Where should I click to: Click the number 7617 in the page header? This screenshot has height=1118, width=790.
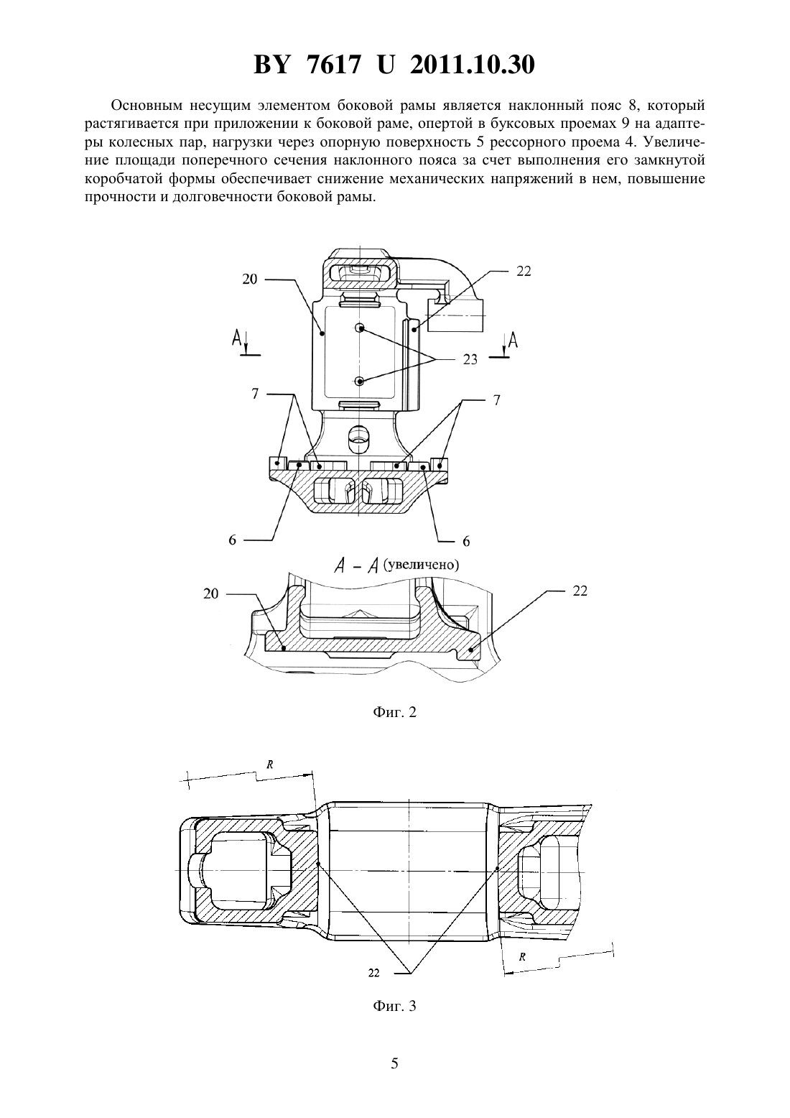334,65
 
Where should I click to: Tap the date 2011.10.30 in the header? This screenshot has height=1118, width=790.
472,65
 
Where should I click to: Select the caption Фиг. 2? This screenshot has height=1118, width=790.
394,712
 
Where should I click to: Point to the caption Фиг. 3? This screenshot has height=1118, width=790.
394,1005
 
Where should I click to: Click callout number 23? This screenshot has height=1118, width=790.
470,359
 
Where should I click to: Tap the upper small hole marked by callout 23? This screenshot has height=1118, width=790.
360,328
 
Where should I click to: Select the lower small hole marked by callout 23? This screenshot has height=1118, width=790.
360,382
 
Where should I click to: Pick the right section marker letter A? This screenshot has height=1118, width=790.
512,340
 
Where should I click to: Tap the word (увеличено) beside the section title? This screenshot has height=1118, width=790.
421,565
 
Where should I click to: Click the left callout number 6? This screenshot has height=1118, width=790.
233,540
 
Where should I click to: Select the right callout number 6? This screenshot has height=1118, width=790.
466,541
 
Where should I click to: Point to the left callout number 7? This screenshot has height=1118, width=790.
255,394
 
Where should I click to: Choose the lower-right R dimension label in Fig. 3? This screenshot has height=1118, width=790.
522,957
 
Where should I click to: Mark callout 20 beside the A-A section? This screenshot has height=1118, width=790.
211,593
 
